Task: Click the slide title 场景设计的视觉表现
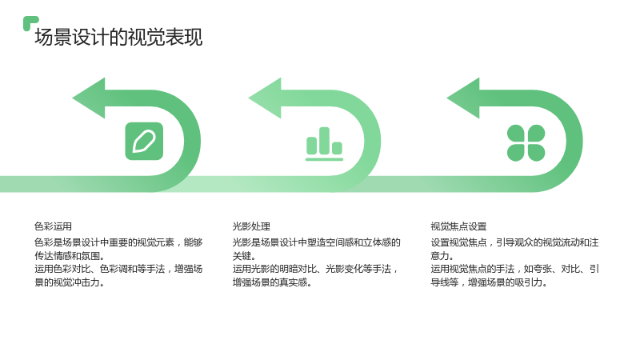point(118,37)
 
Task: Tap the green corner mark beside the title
point(30,22)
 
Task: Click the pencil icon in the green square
point(144,142)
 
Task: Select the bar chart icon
point(325,144)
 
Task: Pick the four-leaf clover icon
point(526,143)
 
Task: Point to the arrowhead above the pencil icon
point(90,98)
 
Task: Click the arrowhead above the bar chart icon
point(266,98)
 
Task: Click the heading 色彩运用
point(53,226)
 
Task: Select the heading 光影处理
point(251,226)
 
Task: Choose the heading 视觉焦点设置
point(458,226)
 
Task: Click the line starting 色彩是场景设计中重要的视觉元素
point(118,242)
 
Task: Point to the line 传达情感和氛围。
point(70,256)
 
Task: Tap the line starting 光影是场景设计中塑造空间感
point(317,242)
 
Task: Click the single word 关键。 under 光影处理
point(244,256)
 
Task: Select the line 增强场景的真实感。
point(272,282)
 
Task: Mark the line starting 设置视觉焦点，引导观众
point(514,242)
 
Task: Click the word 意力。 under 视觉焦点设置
point(442,256)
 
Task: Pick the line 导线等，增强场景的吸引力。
point(489,282)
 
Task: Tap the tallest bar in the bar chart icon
point(325,141)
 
